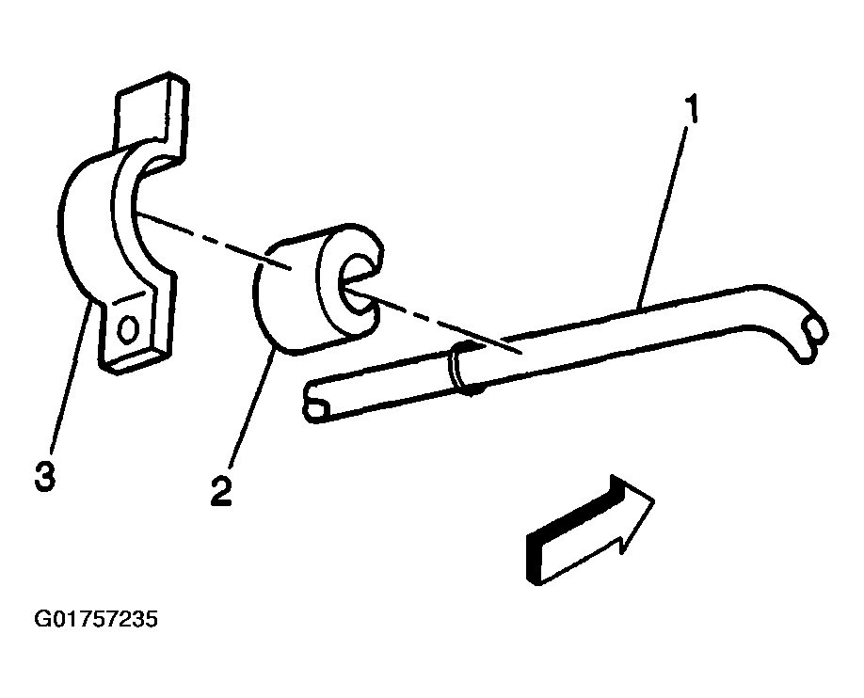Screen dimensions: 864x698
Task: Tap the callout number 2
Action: (x=221, y=491)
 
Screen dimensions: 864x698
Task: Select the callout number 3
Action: (x=45, y=476)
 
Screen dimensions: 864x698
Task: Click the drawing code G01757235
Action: (x=96, y=619)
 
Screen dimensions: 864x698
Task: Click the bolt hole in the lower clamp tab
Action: (x=127, y=329)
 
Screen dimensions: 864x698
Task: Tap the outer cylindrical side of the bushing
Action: (x=286, y=297)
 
